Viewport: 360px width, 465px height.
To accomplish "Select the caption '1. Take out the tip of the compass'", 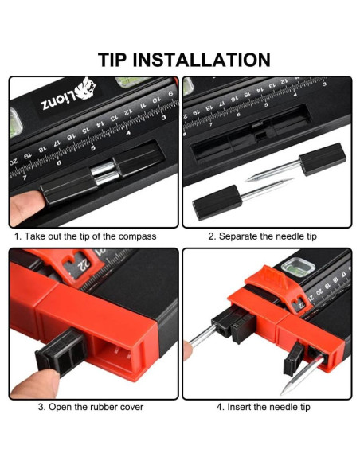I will (x=85, y=236).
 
